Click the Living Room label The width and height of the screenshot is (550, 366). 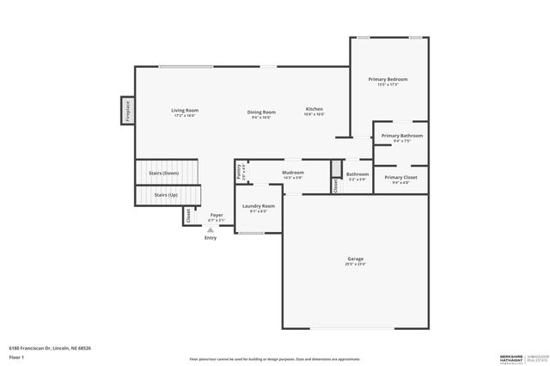185,110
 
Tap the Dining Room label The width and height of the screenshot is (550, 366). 262,112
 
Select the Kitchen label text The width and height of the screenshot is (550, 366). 315,109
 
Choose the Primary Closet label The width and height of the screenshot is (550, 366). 400,177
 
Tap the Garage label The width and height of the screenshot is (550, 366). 356,259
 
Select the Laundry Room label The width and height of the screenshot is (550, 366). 259,206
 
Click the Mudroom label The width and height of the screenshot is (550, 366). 293,173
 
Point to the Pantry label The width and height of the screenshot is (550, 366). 240,172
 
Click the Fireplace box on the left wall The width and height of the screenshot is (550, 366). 127,111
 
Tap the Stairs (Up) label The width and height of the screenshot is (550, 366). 166,195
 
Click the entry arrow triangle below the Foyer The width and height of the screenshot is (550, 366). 211,229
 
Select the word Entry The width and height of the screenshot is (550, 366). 211,238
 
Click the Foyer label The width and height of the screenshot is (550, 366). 217,216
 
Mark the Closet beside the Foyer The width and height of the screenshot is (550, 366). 188,217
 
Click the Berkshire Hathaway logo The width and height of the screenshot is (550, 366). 515,357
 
